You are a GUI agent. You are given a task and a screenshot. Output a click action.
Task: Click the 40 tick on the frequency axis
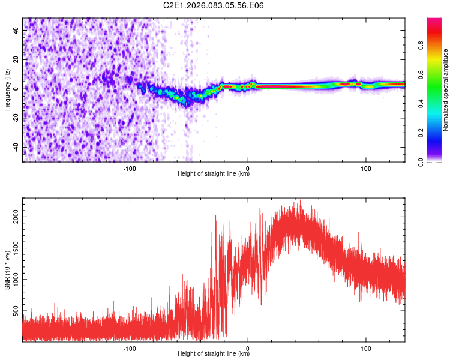[x=17, y=29]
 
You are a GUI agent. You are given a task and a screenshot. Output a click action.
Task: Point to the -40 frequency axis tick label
[x=17, y=147]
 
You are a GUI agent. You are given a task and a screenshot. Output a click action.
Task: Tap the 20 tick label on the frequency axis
[x=17, y=58]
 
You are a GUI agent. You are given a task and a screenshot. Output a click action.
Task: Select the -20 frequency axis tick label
[x=17, y=118]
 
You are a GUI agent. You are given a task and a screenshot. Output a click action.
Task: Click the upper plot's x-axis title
[x=214, y=174]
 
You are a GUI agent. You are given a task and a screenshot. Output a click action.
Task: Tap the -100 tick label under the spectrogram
[x=130, y=169]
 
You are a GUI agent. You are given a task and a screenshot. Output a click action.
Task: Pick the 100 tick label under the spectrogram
[x=365, y=169]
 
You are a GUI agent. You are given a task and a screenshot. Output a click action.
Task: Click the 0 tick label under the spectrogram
[x=248, y=169]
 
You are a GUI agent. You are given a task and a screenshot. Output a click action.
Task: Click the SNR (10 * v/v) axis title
[x=7, y=270]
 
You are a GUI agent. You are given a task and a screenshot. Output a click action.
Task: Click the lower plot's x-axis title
[x=214, y=354]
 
